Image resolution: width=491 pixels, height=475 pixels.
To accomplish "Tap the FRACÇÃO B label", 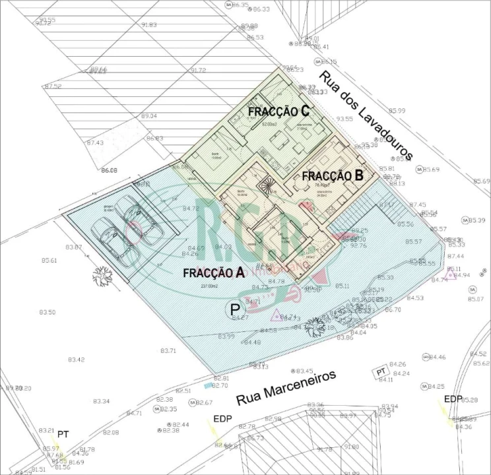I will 333,175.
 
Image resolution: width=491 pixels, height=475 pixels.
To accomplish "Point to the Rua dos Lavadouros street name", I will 366,115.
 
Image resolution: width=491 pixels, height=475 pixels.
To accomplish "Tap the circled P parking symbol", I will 234,309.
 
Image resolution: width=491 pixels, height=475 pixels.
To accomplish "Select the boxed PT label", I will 380,372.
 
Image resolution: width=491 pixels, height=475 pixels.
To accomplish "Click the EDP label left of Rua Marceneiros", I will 222,419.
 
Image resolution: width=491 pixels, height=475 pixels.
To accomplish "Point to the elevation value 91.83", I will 148,24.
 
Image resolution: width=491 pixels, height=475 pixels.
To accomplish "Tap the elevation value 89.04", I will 148,115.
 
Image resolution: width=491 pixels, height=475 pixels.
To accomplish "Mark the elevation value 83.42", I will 76,360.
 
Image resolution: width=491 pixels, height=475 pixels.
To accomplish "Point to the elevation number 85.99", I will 397,111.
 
